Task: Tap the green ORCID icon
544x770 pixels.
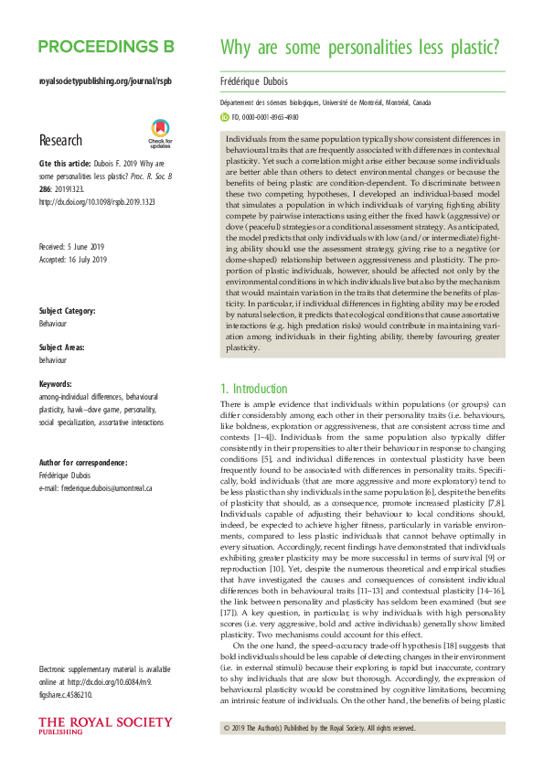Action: coord(225,117)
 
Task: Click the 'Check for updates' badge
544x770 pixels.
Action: coord(160,134)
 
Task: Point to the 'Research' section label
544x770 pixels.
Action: coord(63,140)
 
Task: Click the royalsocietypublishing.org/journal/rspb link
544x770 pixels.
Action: coord(105,81)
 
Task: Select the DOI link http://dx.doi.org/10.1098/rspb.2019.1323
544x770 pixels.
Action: coord(95,201)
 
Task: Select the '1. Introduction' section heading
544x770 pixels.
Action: coord(262,388)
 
